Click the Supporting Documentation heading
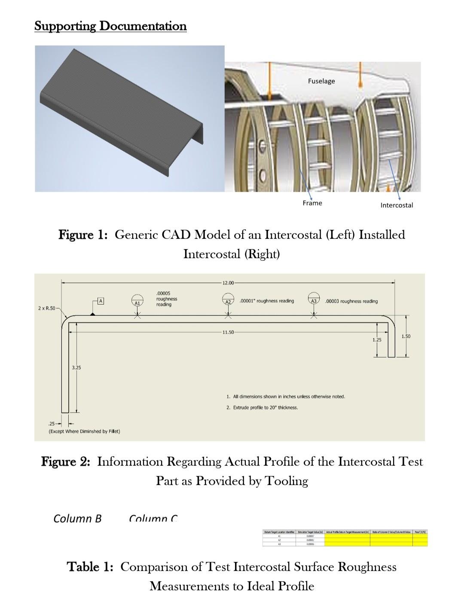coord(110,26)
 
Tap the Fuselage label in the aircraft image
coord(321,81)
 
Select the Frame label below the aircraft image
coord(312,203)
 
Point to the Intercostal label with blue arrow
coord(397,205)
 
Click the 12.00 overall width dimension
coord(228,283)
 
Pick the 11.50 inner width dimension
coord(228,332)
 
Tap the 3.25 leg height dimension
coord(76,367)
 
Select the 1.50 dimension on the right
coord(406,336)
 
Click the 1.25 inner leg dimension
coord(377,339)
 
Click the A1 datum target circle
coord(137,300)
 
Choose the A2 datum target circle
coord(228,299)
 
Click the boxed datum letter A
coord(101,301)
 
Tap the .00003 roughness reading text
coord(352,301)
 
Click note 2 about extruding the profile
coord(262,407)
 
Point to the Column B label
coord(77,518)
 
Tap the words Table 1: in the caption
coord(90,567)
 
